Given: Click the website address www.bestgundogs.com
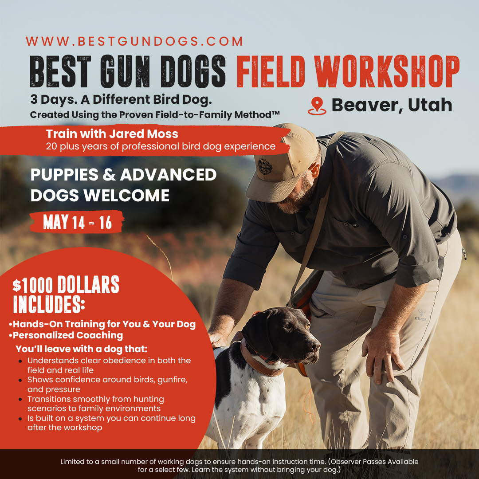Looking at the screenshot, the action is [134, 41].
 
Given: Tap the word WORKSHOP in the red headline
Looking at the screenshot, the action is [387, 71].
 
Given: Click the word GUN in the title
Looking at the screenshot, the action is [125, 71].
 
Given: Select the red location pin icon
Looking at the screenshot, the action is [317, 106].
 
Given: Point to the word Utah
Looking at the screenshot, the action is [430, 105].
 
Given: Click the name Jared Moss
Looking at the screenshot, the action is [144, 134].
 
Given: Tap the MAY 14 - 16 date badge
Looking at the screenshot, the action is [77, 222].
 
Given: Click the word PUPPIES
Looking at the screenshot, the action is [64, 175].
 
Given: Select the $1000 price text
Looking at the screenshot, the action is [33, 285].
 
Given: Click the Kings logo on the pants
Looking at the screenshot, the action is [421, 315].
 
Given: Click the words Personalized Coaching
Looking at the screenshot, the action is [68, 335].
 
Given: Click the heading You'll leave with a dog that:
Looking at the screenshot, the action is [82, 349].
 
